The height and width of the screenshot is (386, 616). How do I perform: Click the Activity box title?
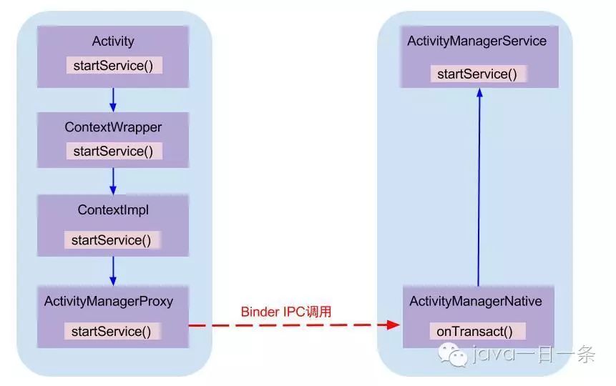(x=113, y=41)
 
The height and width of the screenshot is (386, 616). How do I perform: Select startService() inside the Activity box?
(x=114, y=66)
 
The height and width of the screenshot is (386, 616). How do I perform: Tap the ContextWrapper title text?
(x=113, y=127)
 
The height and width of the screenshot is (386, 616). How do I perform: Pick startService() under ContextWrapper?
(x=114, y=152)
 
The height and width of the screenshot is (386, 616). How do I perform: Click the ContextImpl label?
(x=113, y=210)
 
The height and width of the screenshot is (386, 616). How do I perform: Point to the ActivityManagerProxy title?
(x=109, y=301)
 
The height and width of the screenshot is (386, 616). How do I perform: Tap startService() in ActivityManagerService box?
(x=477, y=74)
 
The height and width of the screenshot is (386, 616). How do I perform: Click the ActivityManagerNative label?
(x=476, y=302)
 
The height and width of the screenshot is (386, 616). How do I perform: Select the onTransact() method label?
(x=476, y=332)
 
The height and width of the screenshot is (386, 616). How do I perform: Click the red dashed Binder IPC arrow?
(x=293, y=325)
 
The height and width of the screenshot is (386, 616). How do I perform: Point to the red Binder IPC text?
(x=286, y=312)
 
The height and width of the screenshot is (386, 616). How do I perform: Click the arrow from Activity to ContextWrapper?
(x=113, y=99)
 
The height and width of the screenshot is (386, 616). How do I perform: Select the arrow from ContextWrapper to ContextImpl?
(x=113, y=182)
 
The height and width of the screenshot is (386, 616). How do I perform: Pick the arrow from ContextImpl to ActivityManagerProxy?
(x=113, y=270)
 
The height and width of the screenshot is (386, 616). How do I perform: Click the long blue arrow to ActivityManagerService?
(x=479, y=186)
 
